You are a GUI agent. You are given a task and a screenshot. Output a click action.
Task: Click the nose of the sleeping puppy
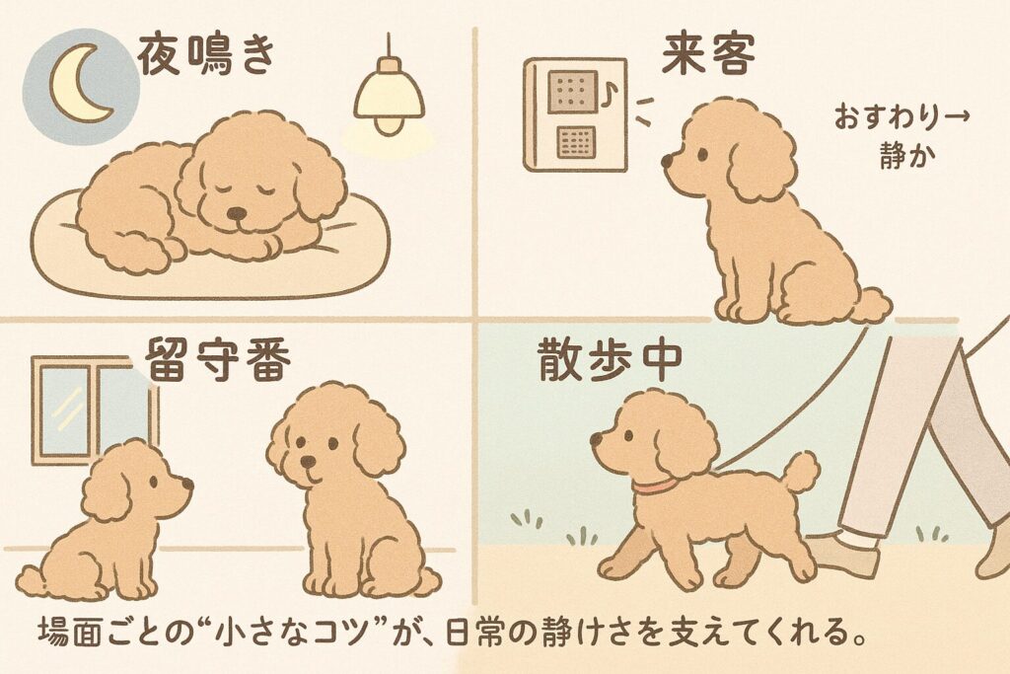(x=237, y=212)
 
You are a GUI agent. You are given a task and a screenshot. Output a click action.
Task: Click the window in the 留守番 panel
(x=94, y=410)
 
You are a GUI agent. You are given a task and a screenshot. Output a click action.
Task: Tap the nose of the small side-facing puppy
(x=186, y=483)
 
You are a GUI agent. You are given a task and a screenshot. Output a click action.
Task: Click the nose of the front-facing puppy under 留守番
(x=308, y=462)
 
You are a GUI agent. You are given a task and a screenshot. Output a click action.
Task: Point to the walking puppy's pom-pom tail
(x=800, y=472)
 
